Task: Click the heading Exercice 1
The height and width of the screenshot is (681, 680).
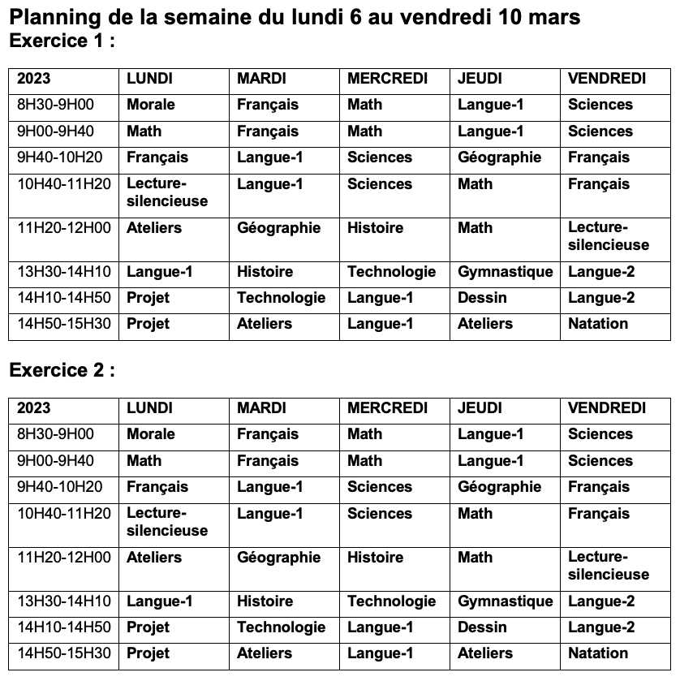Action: coord(62,41)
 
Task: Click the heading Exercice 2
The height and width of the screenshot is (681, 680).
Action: coord(62,371)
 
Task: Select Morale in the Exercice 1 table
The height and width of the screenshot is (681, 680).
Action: coord(151,105)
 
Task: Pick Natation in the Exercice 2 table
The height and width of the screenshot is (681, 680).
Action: coord(598,653)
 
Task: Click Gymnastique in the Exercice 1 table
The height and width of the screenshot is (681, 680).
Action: coord(505,272)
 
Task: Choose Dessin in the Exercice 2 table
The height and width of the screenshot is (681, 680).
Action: coord(482,627)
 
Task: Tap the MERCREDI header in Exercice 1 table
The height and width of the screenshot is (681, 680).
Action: coord(387,79)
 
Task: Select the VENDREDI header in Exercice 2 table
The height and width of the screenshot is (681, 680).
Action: coord(607,408)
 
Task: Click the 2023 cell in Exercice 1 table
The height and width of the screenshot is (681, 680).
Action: coord(33,79)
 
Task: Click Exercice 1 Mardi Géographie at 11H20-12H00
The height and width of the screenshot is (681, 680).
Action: coord(278,228)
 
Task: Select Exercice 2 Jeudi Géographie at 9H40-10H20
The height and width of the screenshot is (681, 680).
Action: coord(499,487)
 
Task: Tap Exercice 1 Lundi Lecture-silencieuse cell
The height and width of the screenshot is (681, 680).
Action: coord(167,192)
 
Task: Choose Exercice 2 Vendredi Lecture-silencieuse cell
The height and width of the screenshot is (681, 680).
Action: coord(609,566)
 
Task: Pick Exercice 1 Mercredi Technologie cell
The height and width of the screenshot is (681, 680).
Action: coord(391,272)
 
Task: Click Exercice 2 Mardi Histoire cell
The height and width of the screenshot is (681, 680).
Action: coord(265,601)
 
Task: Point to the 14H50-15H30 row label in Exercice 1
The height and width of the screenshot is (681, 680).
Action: coord(63,324)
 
